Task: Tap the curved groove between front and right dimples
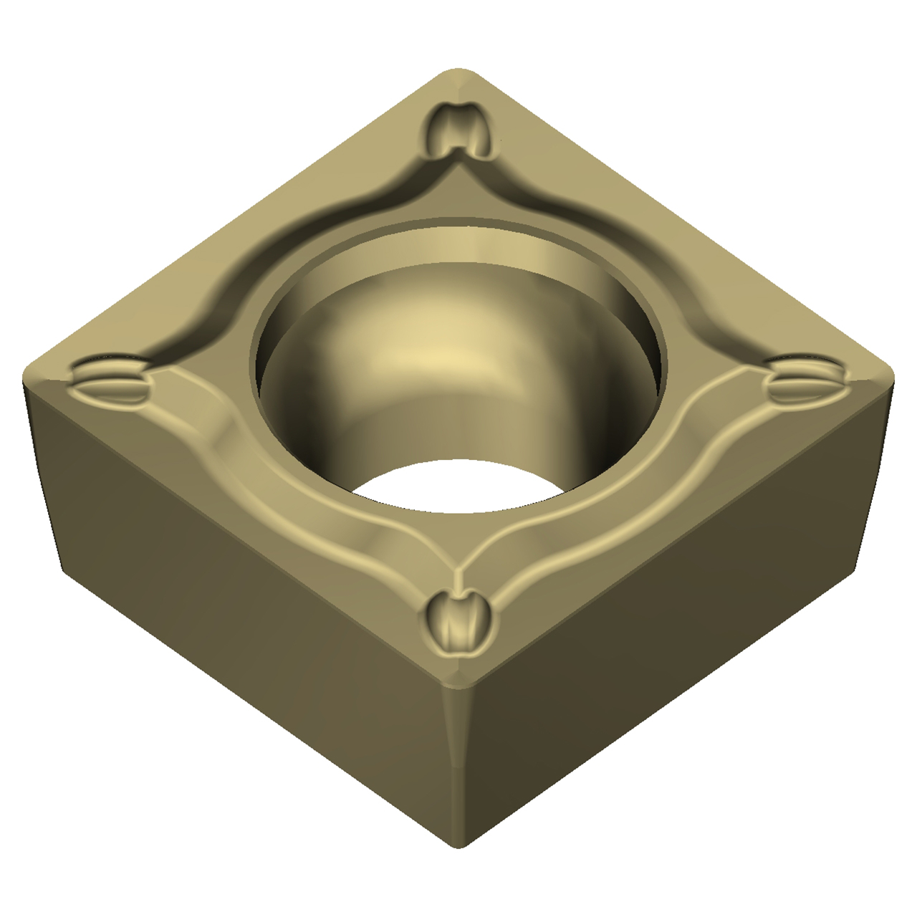tap(630, 501)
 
